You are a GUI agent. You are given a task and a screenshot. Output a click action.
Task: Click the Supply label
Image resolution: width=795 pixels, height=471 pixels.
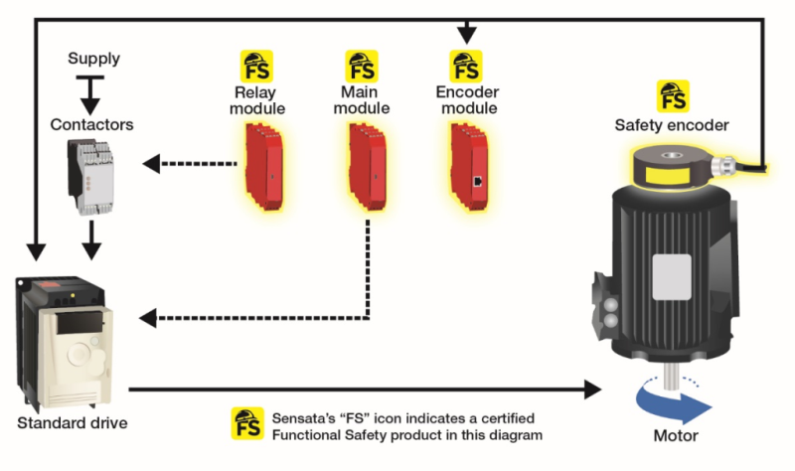92,59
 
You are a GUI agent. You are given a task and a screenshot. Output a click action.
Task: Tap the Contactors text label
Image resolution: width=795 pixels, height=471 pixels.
91,125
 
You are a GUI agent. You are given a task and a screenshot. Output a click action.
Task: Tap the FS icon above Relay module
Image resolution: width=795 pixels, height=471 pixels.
257,66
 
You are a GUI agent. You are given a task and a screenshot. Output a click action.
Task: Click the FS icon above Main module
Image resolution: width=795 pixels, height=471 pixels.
361,66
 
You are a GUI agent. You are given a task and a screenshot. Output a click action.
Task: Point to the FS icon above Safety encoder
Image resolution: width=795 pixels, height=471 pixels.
672,96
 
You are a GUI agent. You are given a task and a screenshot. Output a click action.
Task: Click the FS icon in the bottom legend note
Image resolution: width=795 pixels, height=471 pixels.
245,422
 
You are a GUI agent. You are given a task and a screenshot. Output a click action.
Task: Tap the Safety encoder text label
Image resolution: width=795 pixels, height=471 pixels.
671,125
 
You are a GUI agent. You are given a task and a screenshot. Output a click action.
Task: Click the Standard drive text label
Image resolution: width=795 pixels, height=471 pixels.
71,424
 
